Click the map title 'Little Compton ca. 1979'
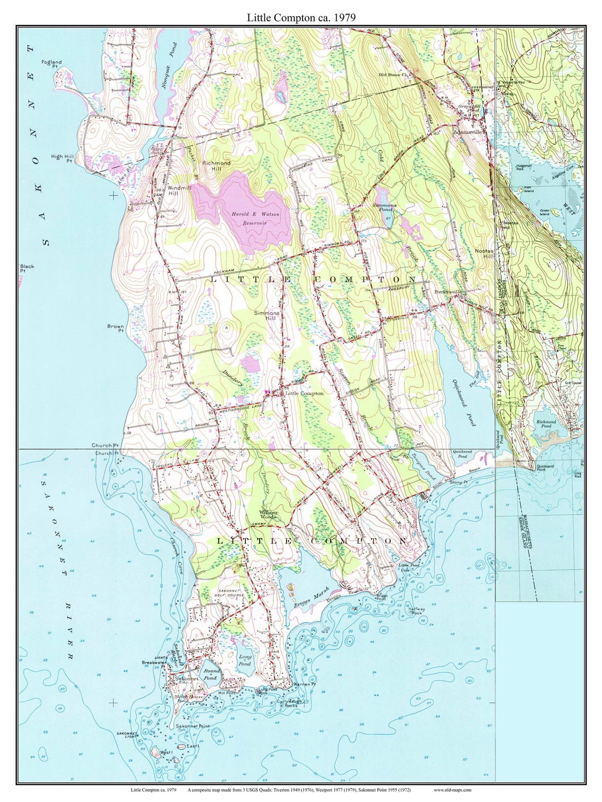tap(301, 18)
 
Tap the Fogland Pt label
tap(51, 64)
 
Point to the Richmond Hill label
tap(216, 166)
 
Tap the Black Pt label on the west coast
tap(27, 268)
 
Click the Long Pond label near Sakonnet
tap(245, 661)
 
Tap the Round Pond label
tap(210, 674)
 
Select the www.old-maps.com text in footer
tap(452, 790)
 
